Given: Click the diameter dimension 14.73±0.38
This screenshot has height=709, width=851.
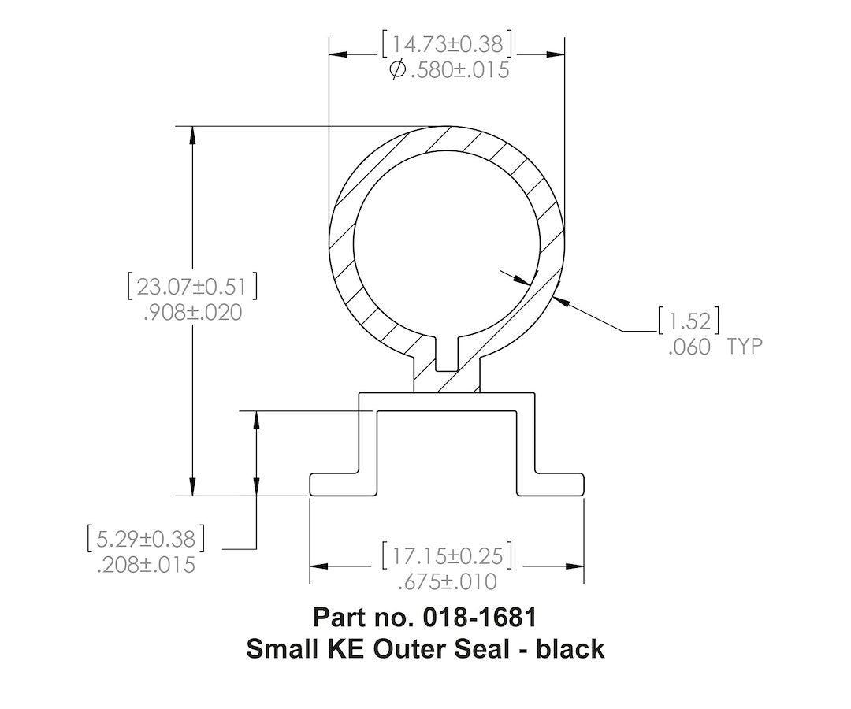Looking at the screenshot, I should point(447,43).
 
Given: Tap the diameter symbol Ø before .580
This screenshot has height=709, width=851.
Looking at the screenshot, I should point(398,70).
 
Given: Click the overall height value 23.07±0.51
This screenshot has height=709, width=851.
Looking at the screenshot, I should point(192,286).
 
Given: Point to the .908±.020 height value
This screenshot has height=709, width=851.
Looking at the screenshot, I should point(192,313).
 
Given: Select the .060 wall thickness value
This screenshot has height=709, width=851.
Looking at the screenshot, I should point(689,347).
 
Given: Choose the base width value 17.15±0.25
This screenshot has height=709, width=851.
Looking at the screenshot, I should point(447,555).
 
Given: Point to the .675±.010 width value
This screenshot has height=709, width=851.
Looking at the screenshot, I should point(447,582).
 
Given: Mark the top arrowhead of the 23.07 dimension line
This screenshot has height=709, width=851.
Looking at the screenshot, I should point(191,134).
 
